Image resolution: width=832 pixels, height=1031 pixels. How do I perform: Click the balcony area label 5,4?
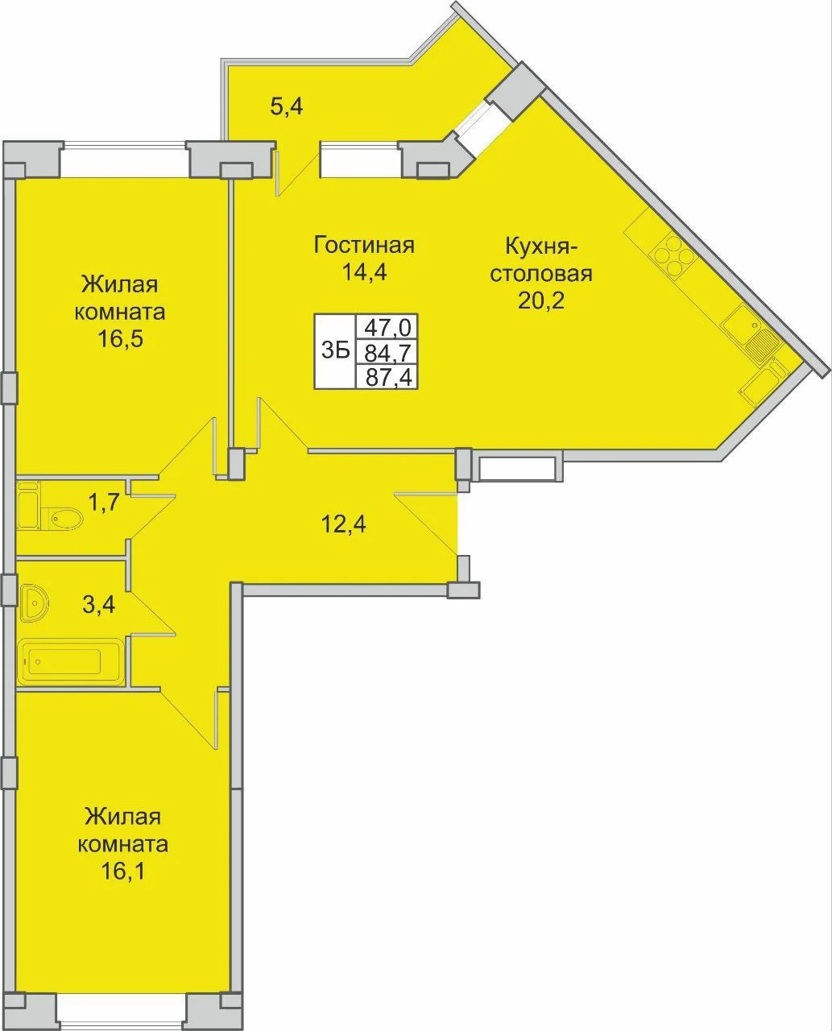coord(287,106)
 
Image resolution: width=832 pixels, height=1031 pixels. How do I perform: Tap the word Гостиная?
coord(364,245)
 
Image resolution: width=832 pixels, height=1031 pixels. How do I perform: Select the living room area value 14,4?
coord(365,272)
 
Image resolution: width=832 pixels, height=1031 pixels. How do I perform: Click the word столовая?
coord(541,274)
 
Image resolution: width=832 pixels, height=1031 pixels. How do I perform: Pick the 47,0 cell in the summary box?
coord(387,328)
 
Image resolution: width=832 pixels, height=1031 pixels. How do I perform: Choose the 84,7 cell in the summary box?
coord(387,352)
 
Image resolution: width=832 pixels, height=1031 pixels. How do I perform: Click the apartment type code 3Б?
coord(335,350)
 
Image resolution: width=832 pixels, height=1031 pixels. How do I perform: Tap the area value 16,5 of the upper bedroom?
coord(121,339)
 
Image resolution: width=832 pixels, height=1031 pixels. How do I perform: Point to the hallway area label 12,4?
coord(344,524)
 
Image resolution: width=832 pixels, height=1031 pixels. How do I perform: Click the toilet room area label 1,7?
coord(103,503)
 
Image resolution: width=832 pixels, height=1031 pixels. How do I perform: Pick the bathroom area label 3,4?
coord(99,605)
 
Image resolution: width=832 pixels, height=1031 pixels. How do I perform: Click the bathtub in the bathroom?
coord(71,661)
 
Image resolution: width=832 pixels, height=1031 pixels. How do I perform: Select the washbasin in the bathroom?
coord(35,602)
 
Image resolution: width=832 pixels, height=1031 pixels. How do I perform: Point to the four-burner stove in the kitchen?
coord(673,253)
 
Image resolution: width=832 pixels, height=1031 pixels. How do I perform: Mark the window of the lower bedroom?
coord(122,1015)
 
